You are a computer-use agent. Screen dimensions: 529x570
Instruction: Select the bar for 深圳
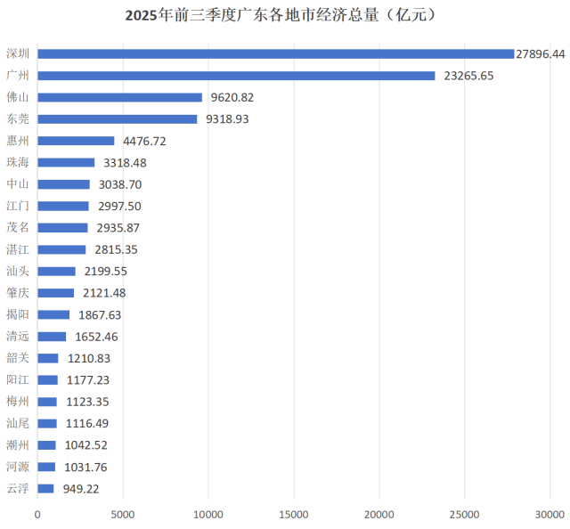[x=276, y=54]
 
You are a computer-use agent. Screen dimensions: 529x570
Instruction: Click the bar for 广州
[x=236, y=76]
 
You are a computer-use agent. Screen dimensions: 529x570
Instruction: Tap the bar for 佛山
[x=120, y=97]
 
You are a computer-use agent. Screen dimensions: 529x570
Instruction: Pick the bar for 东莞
[x=118, y=119]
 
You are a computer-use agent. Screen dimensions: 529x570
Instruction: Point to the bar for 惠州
[x=77, y=141]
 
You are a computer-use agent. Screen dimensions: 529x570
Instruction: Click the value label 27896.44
[x=541, y=54]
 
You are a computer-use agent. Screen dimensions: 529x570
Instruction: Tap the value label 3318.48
[x=124, y=163]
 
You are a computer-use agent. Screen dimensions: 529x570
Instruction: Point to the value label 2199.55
[x=105, y=272]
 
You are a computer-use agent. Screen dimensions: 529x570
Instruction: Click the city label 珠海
[x=18, y=162]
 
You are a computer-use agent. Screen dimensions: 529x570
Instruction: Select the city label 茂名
[x=18, y=228]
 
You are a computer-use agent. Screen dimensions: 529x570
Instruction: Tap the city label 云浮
[x=18, y=488]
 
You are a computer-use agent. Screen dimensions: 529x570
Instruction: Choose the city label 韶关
[x=18, y=358]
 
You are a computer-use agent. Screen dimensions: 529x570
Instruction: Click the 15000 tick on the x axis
[x=294, y=514]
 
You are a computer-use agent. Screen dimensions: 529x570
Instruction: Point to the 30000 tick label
[x=550, y=514]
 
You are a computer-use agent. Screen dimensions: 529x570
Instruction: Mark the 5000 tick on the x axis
[x=123, y=514]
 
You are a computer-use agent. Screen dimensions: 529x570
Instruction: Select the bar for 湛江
[x=62, y=249]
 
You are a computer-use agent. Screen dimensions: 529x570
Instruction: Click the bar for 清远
[x=52, y=337]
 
